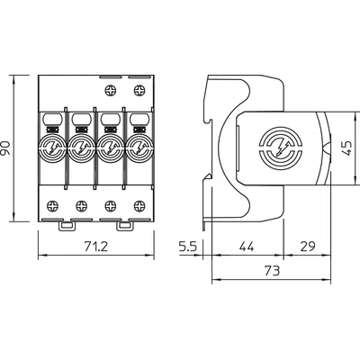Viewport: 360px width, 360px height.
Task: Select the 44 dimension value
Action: pos(247,245)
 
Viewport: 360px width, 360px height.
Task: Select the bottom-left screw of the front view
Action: pos(53,204)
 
